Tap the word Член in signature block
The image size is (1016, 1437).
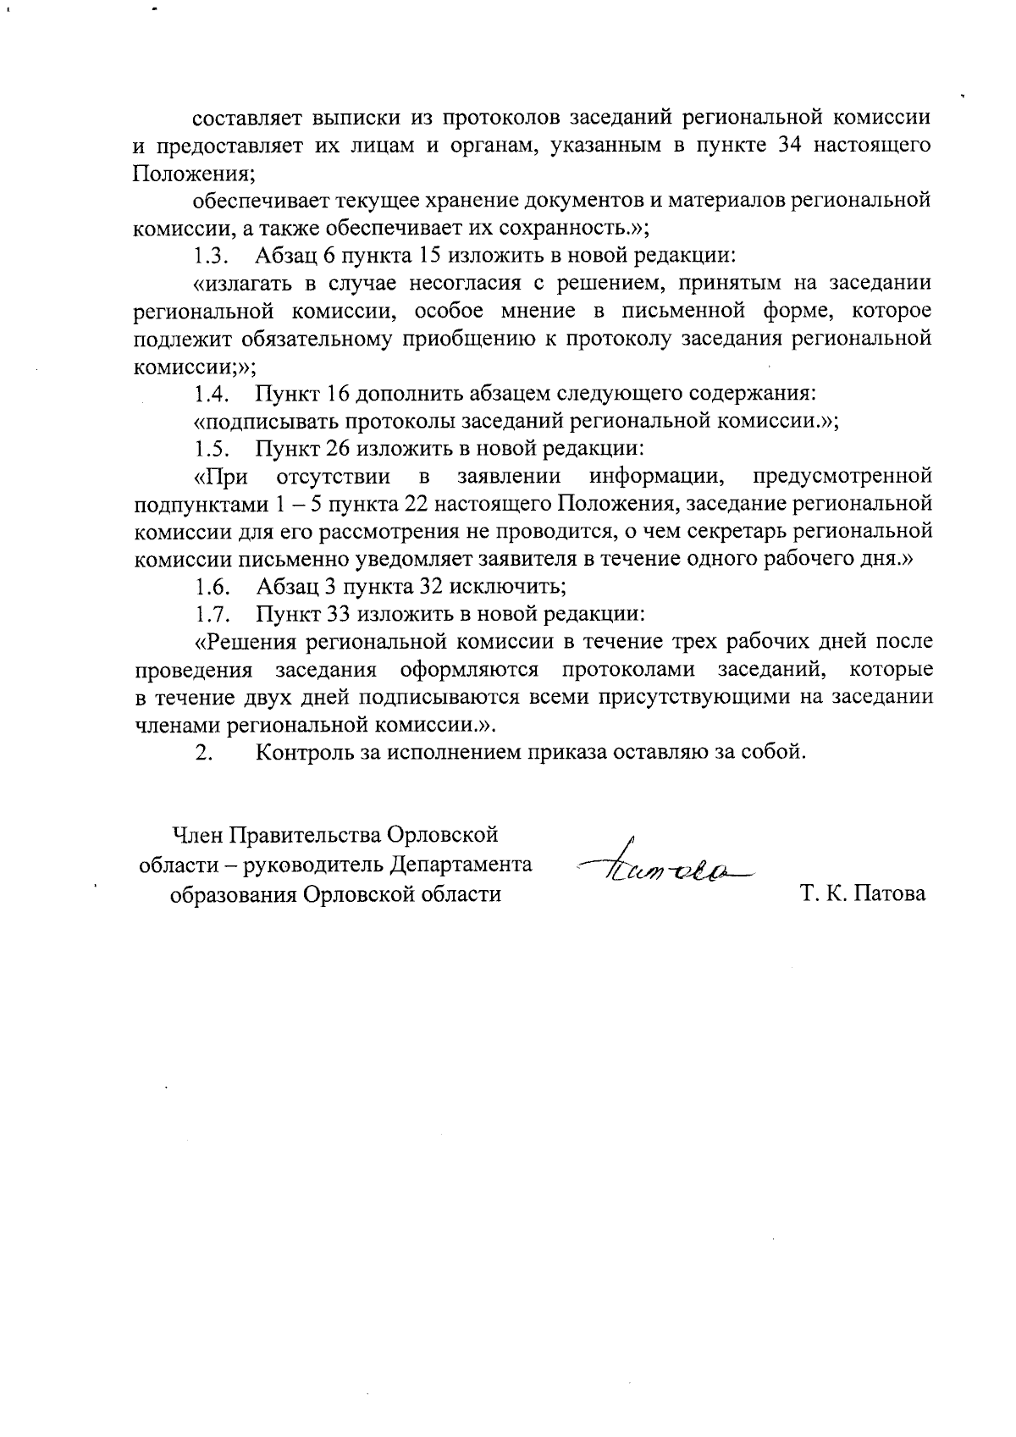pos(198,837)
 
